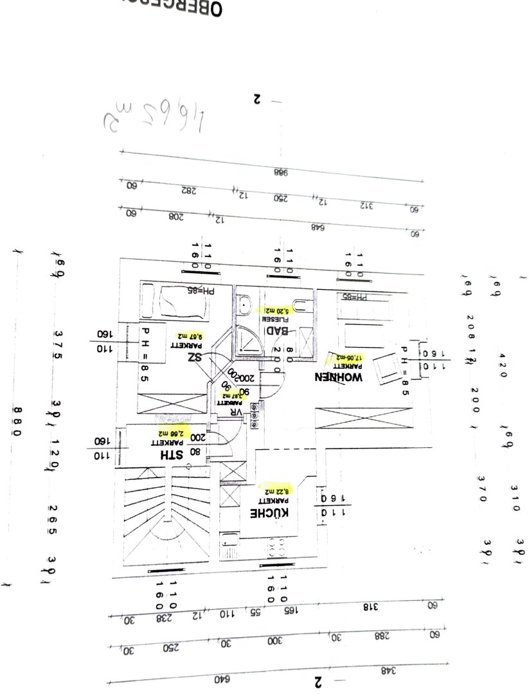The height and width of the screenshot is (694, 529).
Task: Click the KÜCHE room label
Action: coord(269,513)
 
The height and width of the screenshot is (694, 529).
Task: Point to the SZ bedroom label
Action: coord(195,357)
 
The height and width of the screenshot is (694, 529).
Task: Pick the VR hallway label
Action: coord(236,412)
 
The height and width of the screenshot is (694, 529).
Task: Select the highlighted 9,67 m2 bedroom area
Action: coord(190,335)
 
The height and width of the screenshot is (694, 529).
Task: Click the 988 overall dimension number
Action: coord(281,172)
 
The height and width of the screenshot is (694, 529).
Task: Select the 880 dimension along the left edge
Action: coord(17,422)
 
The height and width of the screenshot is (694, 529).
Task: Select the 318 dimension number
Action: coord(370,606)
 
